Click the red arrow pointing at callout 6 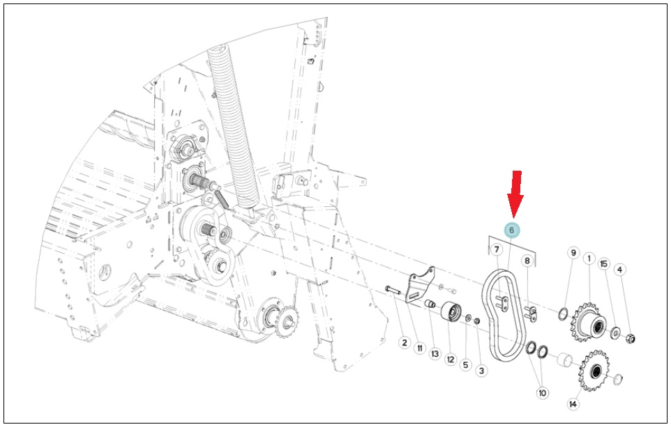[x=515, y=194]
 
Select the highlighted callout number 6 [x=511, y=231]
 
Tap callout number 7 [x=497, y=249]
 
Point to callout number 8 [x=527, y=261]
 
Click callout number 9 [x=574, y=253]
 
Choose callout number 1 [x=589, y=258]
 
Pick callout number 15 [x=604, y=264]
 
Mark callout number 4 [x=619, y=270]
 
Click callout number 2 [x=405, y=343]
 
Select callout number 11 [x=420, y=348]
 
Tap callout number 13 [x=435, y=353]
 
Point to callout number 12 [x=451, y=359]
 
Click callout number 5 [x=466, y=364]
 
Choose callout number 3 [x=481, y=371]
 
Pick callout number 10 [x=542, y=393]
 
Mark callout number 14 [x=573, y=403]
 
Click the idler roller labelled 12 [x=451, y=313]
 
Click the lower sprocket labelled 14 [x=594, y=371]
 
